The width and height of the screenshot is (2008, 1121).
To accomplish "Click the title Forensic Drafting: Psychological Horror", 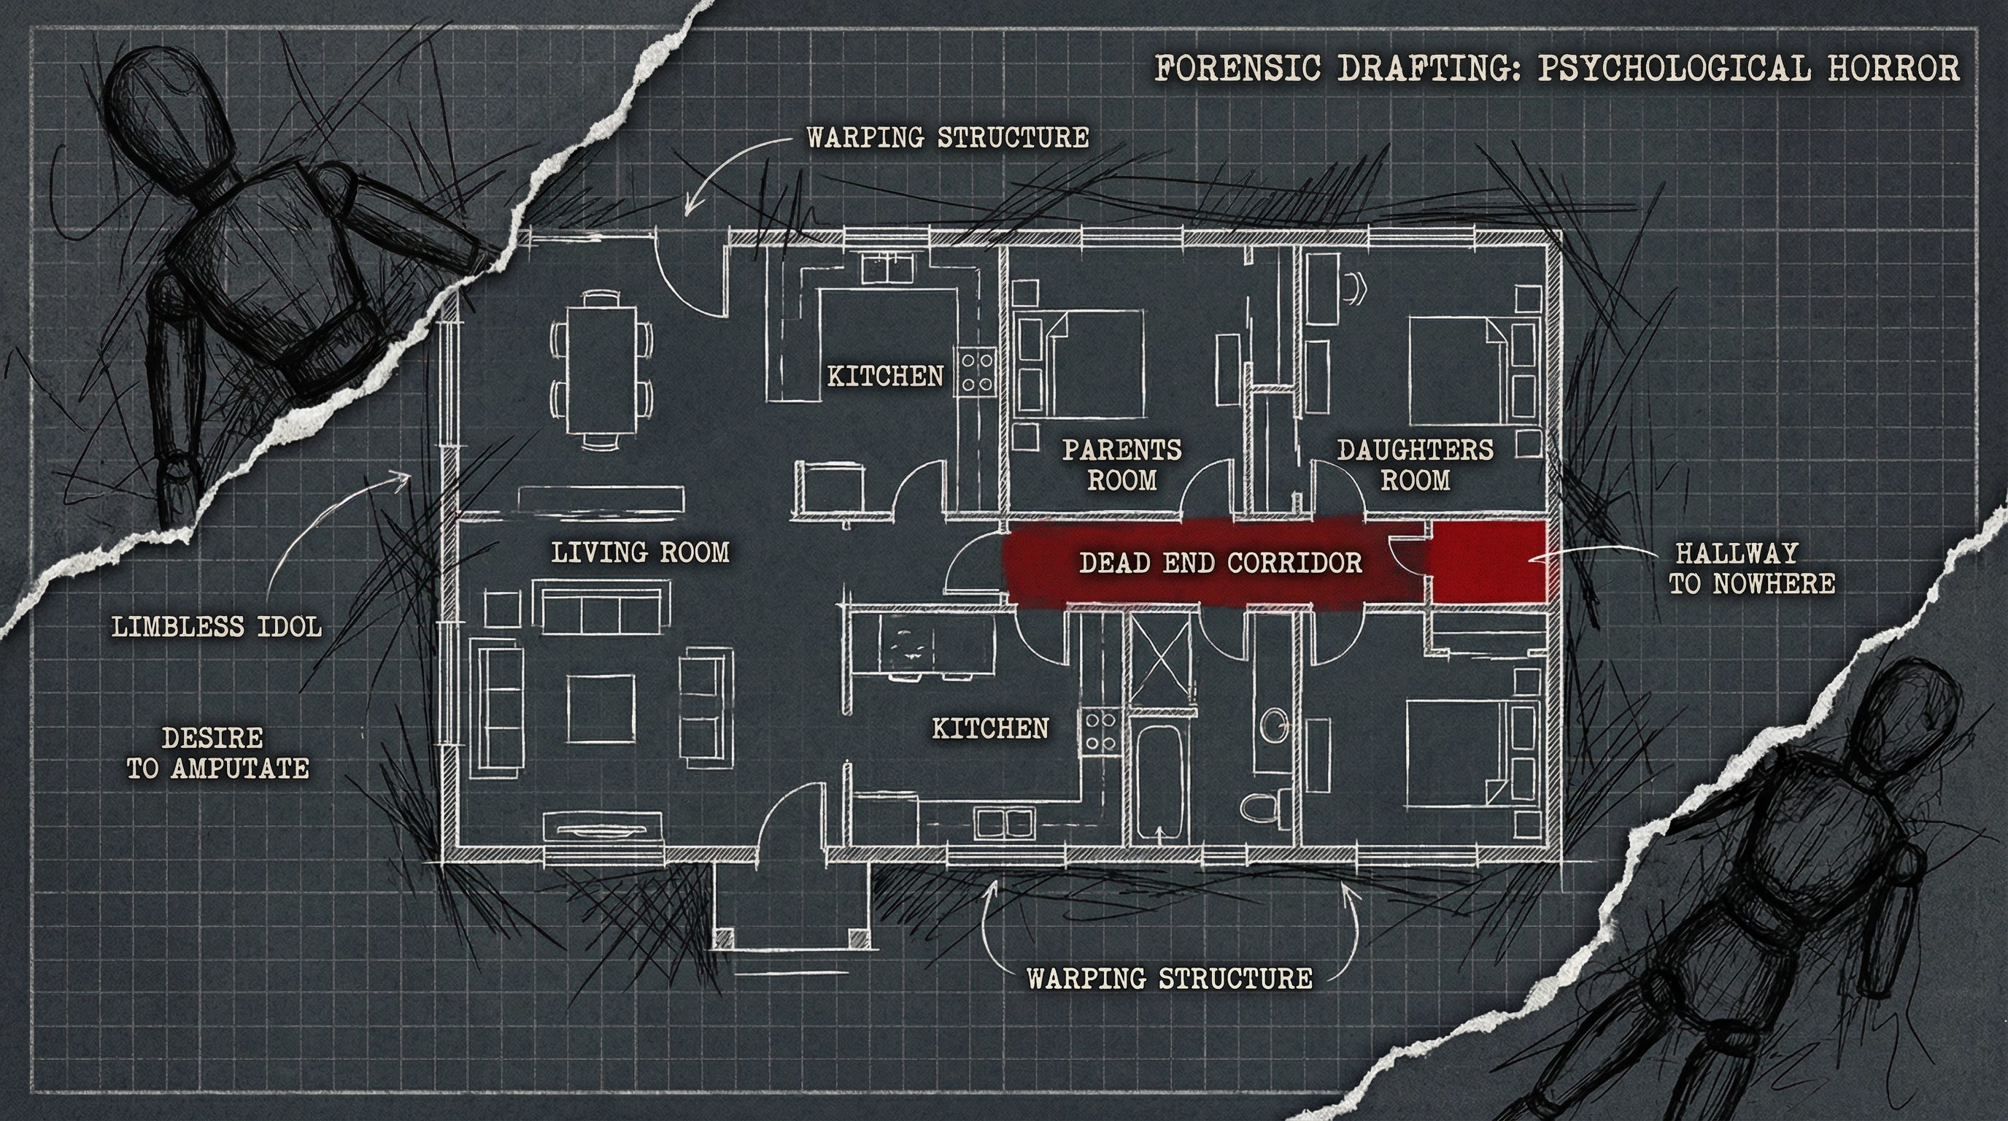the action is (x=1555, y=68).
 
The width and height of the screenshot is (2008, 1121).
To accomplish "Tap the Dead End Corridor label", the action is (x=1220, y=562).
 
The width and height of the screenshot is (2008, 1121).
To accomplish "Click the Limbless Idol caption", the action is (x=217, y=626).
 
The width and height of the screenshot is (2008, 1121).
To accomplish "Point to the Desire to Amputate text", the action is (x=217, y=753).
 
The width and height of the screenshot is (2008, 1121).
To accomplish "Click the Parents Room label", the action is (x=1121, y=465).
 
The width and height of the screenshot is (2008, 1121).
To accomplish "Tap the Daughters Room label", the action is (x=1416, y=465).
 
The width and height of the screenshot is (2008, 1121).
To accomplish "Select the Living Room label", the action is (x=640, y=552).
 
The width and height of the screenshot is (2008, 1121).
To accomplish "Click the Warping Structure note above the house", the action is (x=947, y=137).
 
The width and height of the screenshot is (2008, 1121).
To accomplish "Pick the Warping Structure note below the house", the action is (x=1169, y=977).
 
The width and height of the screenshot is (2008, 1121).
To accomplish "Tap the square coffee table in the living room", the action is (x=601, y=709).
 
